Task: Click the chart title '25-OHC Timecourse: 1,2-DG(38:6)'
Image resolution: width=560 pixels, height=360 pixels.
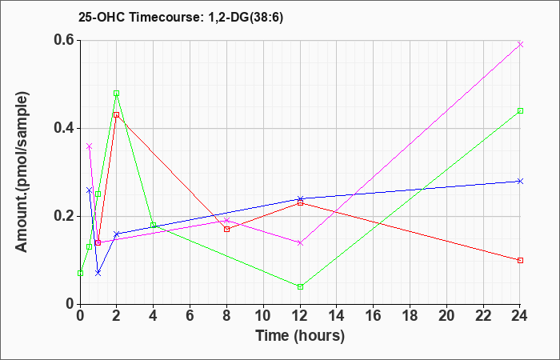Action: (181, 18)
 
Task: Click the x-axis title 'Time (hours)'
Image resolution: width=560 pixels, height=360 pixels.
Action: (300, 336)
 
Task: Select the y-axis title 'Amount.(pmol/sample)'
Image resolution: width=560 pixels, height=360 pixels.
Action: (22, 172)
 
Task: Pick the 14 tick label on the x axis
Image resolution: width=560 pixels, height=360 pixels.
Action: (337, 315)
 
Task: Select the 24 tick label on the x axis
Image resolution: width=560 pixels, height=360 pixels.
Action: (520, 315)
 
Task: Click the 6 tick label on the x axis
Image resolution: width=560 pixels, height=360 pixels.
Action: (190, 315)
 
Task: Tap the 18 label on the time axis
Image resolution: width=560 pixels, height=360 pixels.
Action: (410, 315)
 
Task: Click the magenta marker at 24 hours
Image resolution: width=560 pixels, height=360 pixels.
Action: (520, 44)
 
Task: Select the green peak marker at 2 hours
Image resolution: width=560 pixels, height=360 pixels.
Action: (117, 94)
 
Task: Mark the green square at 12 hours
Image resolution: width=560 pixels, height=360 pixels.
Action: (300, 286)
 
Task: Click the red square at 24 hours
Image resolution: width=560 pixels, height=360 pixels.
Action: (520, 260)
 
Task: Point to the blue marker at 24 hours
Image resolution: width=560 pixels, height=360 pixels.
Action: (520, 181)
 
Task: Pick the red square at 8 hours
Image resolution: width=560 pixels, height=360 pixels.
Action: (226, 230)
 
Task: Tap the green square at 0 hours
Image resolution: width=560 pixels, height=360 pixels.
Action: (80, 274)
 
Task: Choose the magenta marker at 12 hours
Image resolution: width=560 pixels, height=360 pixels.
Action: (300, 243)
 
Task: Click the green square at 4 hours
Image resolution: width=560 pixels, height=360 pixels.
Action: (154, 225)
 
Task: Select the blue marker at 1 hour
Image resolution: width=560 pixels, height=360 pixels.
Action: (98, 274)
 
